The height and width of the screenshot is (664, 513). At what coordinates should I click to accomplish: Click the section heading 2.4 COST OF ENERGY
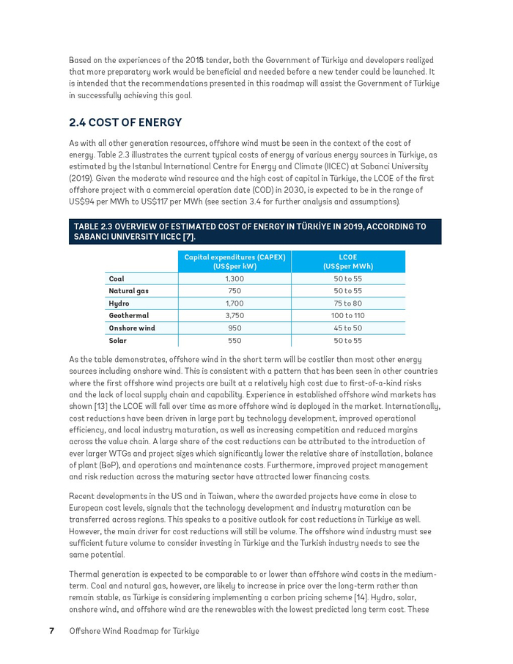pyautogui.click(x=125, y=122)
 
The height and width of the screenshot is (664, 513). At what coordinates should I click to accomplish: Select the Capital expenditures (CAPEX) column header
pyautogui.click(x=235, y=262)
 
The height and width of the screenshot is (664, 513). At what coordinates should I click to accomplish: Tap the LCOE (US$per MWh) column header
pyautogui.click(x=347, y=262)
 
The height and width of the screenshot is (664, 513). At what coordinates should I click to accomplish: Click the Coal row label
pyautogui.click(x=117, y=279)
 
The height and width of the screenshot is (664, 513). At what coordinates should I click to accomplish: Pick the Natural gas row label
pyautogui.click(x=128, y=292)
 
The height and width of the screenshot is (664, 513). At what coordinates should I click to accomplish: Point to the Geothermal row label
pyautogui.click(x=129, y=316)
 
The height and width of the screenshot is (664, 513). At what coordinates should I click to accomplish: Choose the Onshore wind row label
pyautogui.click(x=132, y=328)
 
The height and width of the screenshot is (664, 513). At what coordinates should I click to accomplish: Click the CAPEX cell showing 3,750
pyautogui.click(x=235, y=316)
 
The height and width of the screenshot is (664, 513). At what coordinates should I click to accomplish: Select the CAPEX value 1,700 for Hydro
pyautogui.click(x=235, y=303)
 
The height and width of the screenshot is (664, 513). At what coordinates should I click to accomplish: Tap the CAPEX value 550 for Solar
pyautogui.click(x=235, y=341)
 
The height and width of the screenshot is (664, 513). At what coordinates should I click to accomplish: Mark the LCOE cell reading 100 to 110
pyautogui.click(x=347, y=316)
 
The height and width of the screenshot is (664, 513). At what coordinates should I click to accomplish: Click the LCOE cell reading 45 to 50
pyautogui.click(x=347, y=328)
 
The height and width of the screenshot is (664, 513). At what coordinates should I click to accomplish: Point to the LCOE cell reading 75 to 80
pyautogui.click(x=347, y=303)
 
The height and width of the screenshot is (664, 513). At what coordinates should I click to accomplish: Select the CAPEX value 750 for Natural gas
pyautogui.click(x=235, y=292)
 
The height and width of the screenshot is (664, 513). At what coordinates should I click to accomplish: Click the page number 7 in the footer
pyautogui.click(x=52, y=631)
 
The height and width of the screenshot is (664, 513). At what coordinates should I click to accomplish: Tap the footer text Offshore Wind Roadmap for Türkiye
pyautogui.click(x=134, y=631)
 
